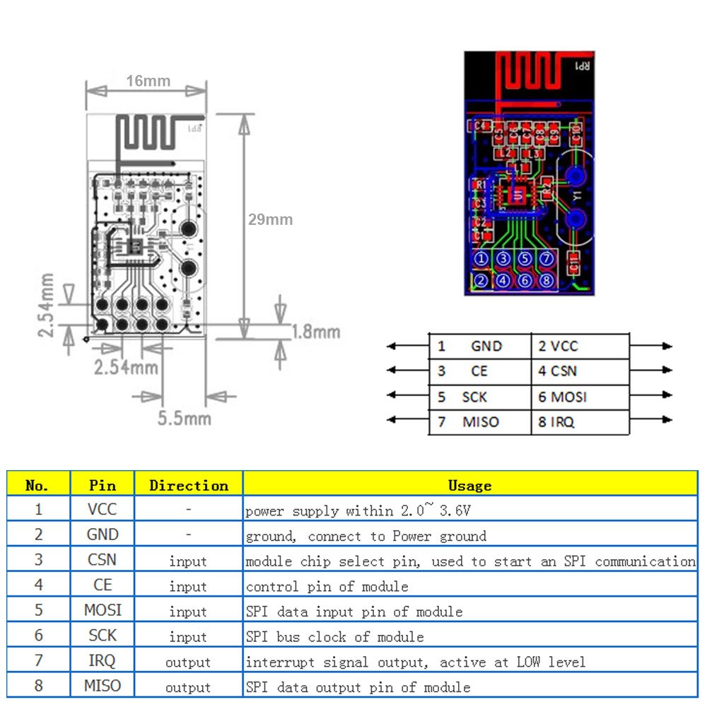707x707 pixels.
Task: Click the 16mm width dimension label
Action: [x=148, y=81]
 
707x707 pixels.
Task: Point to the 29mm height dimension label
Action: [x=270, y=219]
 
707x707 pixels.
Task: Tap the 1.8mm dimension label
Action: [x=315, y=332]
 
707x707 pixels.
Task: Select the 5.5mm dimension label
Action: [x=184, y=418]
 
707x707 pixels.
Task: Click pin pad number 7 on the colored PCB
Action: [x=546, y=259]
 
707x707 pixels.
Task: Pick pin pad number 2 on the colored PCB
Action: [x=481, y=281]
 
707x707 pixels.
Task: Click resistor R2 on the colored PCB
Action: [x=547, y=189]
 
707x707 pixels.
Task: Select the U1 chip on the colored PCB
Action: [x=518, y=196]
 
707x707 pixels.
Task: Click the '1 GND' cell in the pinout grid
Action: [x=469, y=346]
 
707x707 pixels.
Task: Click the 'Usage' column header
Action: [x=469, y=485]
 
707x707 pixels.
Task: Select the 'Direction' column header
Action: [x=189, y=485]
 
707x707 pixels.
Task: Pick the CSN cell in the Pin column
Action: [x=103, y=560]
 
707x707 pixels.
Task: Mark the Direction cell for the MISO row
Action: [x=188, y=687]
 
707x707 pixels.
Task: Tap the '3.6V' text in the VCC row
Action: [x=455, y=510]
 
